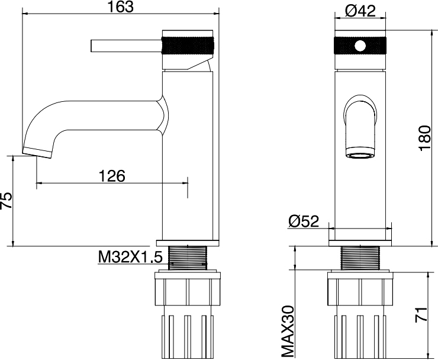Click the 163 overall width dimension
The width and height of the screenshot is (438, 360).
(121, 7)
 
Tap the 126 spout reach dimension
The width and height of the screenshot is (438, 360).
(112, 176)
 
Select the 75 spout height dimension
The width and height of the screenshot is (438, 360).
(7, 200)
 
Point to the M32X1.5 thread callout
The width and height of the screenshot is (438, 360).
(130, 257)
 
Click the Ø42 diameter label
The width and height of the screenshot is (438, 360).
(360, 11)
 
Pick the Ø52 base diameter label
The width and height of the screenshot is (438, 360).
(304, 221)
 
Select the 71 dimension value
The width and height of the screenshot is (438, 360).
(421, 314)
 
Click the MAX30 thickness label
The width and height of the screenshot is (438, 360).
(288, 332)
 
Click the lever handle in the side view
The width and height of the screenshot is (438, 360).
(127, 46)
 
